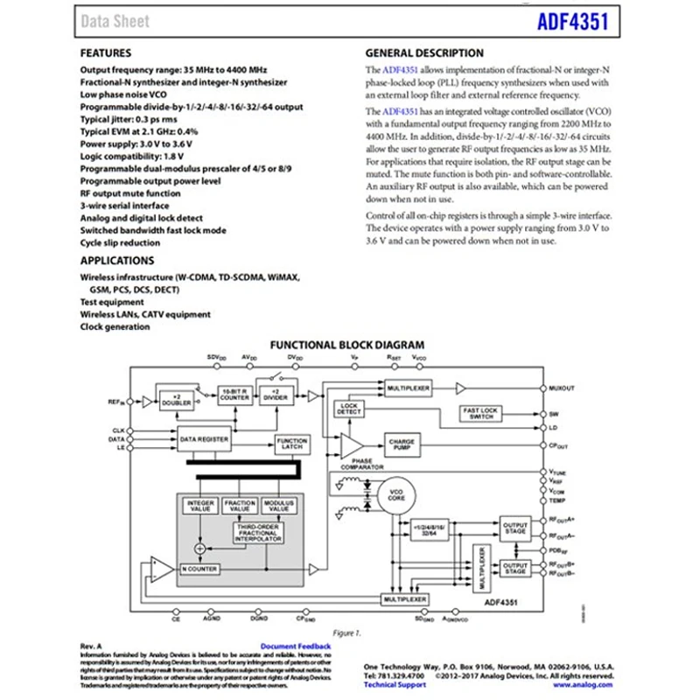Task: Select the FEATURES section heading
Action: pyautogui.click(x=106, y=52)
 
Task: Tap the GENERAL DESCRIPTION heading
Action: pyautogui.click(x=423, y=52)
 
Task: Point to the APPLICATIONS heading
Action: pyautogui.click(x=117, y=261)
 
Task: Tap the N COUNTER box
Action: pyautogui.click(x=199, y=569)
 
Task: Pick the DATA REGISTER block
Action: pyautogui.click(x=204, y=438)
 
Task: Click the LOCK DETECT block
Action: pyautogui.click(x=349, y=409)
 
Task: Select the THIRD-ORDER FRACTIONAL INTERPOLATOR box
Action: pyautogui.click(x=256, y=533)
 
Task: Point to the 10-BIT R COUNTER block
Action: pyautogui.click(x=234, y=395)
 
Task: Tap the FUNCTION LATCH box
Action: pyautogui.click(x=291, y=444)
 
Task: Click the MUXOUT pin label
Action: pyautogui.click(x=561, y=387)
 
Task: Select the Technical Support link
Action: pyautogui.click(x=395, y=684)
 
